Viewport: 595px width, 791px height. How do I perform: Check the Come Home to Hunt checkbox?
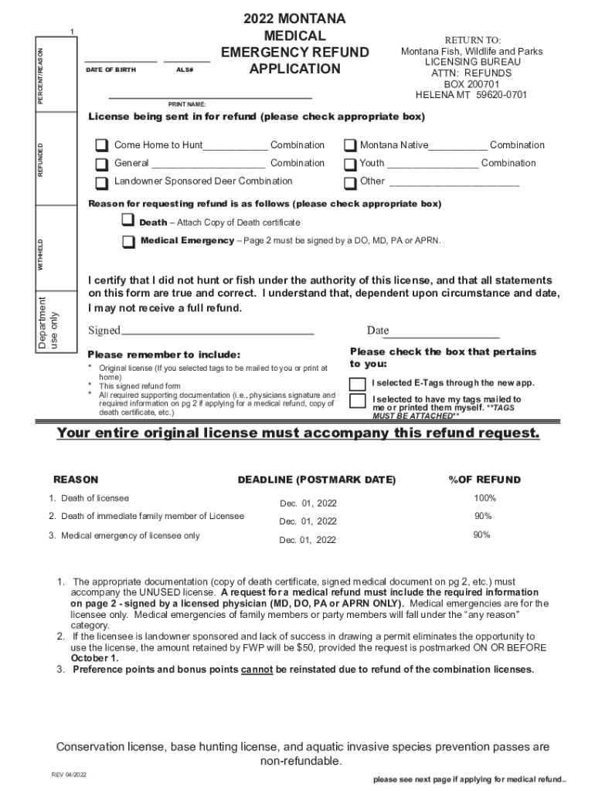pyautogui.click(x=102, y=146)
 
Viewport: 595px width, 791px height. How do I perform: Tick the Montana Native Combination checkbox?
pyautogui.click(x=350, y=146)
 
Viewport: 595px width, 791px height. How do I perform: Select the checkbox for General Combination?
pyautogui.click(x=102, y=165)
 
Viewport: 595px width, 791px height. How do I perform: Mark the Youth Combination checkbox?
pyautogui.click(x=350, y=165)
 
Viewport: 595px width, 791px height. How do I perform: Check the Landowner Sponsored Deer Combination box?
pyautogui.click(x=102, y=183)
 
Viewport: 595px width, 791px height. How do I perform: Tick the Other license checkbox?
pyautogui.click(x=350, y=183)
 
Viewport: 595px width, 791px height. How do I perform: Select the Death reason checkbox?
pyautogui.click(x=128, y=222)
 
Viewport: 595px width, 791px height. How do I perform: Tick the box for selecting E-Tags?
pyautogui.click(x=358, y=384)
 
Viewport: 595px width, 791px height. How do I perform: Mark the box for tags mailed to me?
pyautogui.click(x=358, y=401)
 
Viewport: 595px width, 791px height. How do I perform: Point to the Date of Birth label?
pyautogui.click(x=110, y=70)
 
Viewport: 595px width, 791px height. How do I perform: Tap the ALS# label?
pyautogui.click(x=185, y=70)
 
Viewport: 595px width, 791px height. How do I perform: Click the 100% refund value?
pyautogui.click(x=484, y=498)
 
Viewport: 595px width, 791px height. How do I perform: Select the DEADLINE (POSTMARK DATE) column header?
pyautogui.click(x=316, y=480)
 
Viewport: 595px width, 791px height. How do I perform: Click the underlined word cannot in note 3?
pyautogui.click(x=257, y=670)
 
